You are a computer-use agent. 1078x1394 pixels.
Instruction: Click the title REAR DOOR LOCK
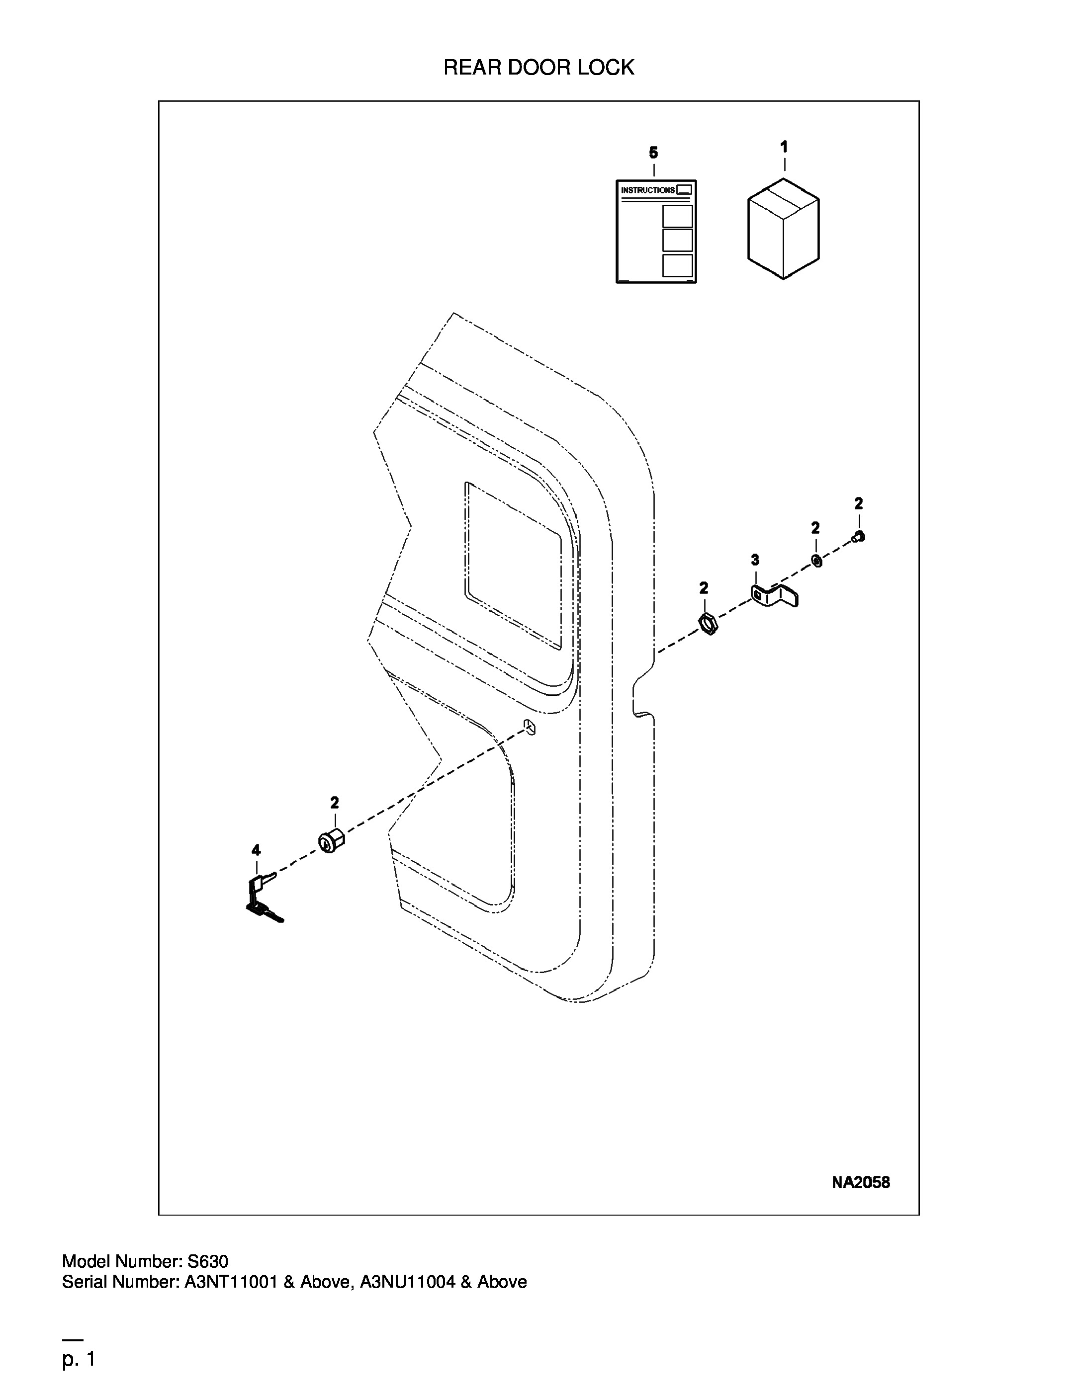click(539, 67)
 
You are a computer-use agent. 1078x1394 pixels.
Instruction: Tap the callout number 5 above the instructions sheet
click(653, 153)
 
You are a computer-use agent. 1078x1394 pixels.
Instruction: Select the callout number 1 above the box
click(784, 147)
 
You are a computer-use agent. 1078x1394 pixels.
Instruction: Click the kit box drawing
click(784, 228)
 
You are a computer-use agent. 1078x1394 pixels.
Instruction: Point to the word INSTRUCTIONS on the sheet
click(647, 190)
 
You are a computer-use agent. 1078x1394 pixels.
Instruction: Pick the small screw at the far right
click(858, 537)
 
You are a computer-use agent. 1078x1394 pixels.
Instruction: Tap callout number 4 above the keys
click(256, 849)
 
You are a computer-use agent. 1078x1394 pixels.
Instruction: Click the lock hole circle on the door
click(529, 727)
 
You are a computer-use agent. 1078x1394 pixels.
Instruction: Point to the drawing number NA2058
click(860, 1182)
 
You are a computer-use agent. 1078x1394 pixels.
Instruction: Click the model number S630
click(207, 1261)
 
